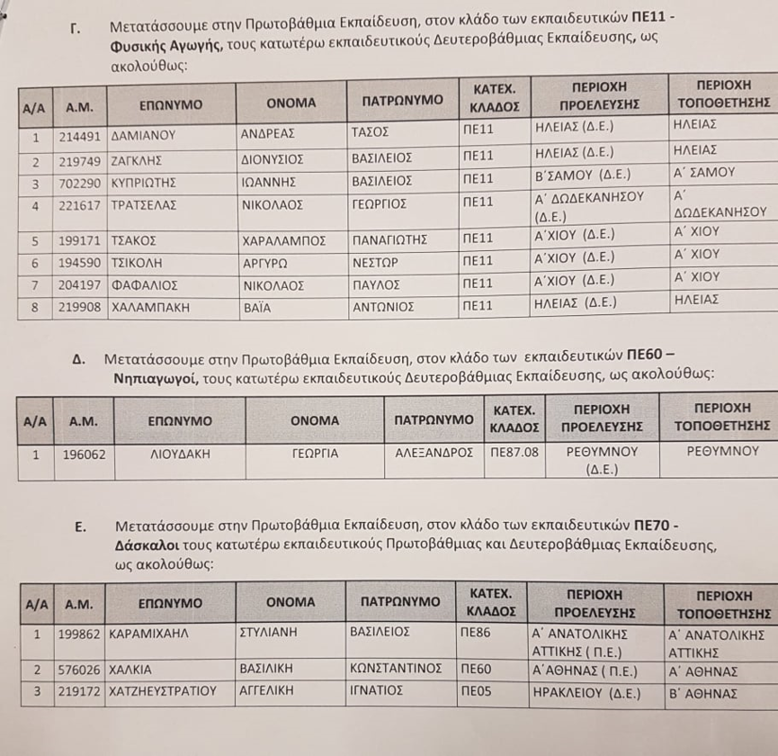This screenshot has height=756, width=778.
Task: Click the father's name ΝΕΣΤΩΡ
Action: (x=376, y=264)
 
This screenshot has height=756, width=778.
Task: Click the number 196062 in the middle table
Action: (x=85, y=454)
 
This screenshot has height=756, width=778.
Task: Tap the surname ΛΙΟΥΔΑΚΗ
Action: (x=179, y=454)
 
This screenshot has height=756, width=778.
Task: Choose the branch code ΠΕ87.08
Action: (x=514, y=452)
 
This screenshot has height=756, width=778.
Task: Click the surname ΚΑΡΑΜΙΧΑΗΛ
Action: (x=149, y=634)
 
